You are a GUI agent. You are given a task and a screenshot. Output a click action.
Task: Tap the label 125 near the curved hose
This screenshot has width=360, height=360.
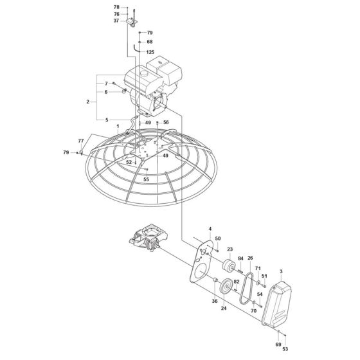point(150,51)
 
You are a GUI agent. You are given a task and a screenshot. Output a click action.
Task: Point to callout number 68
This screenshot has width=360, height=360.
point(149,42)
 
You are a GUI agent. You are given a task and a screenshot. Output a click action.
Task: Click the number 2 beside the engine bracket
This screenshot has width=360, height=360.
point(87,102)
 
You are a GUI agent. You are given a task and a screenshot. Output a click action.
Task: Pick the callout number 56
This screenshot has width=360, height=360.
point(165,122)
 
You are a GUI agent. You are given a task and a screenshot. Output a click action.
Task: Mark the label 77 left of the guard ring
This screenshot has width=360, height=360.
point(81,140)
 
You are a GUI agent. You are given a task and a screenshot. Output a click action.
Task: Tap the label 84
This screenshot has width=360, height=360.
point(240,259)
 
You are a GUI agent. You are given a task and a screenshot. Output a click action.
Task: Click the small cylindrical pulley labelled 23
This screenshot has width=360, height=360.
point(228,266)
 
